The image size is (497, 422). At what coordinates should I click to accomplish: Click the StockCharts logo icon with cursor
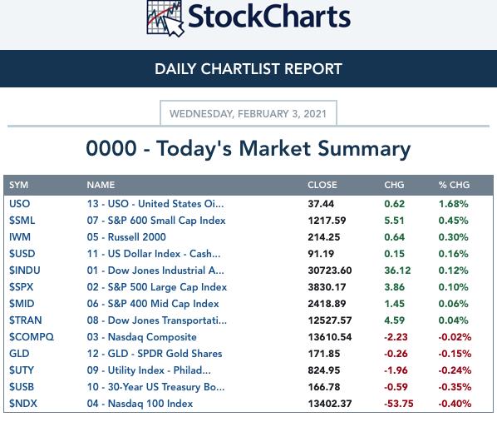click(165, 17)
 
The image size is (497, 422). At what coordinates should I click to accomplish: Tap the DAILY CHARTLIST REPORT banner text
click(248, 69)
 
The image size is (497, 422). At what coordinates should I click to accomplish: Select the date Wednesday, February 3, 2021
click(248, 114)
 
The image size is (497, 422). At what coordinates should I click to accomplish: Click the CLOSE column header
click(322, 185)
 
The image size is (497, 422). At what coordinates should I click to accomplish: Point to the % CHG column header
click(455, 185)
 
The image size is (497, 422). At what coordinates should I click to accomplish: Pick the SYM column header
click(19, 185)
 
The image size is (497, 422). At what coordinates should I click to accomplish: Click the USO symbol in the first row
click(20, 204)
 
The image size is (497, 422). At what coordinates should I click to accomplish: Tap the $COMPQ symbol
click(32, 337)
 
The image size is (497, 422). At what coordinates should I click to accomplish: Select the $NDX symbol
click(23, 404)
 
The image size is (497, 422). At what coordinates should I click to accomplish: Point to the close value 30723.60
click(330, 271)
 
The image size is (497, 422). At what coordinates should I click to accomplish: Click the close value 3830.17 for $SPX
click(327, 287)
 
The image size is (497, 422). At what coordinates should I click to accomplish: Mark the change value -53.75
click(399, 404)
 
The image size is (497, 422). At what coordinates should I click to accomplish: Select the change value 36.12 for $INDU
click(397, 271)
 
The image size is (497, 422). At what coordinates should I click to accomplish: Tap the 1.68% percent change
click(453, 204)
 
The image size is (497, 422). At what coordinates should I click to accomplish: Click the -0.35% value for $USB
click(455, 387)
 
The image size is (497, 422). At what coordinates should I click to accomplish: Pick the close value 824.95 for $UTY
click(324, 370)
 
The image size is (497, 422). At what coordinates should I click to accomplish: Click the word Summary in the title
click(364, 149)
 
